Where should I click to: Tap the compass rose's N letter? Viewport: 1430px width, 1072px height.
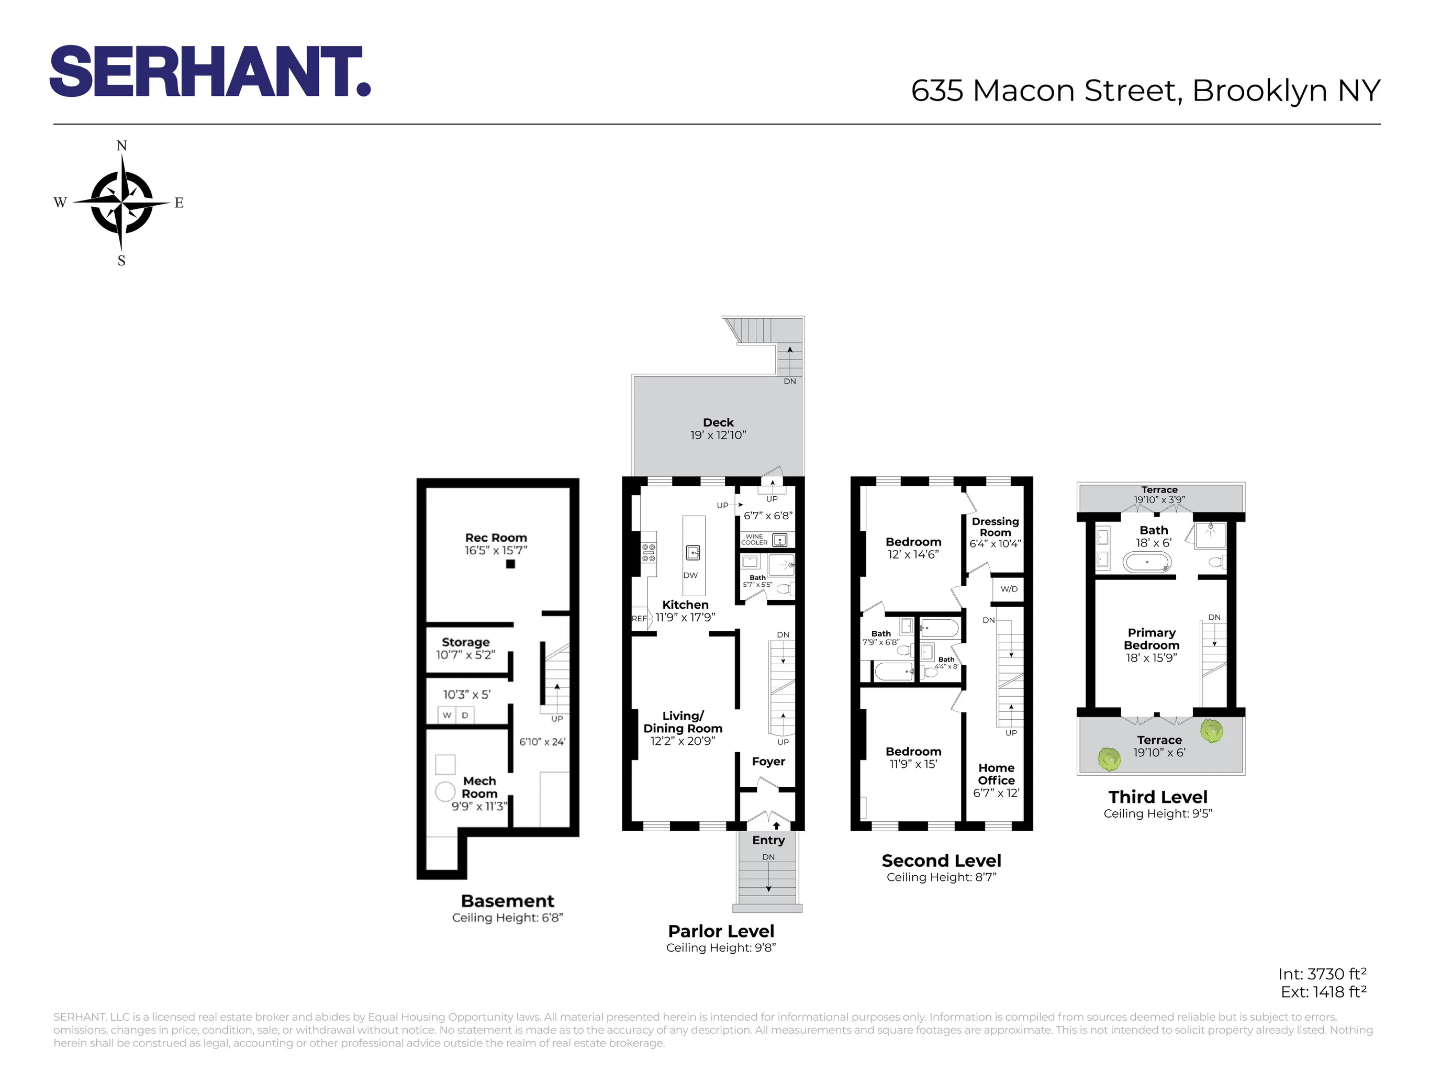[x=121, y=146]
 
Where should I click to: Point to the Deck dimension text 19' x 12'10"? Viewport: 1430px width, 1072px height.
[x=718, y=435]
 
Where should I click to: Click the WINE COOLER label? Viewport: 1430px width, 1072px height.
[x=754, y=539]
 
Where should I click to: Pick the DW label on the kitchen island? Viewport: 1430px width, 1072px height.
[x=690, y=575]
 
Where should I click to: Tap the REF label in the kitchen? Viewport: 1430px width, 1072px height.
[x=639, y=618]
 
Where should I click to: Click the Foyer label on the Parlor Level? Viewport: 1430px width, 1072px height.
[x=768, y=761]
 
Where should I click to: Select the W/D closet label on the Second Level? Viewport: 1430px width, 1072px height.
[x=1009, y=588]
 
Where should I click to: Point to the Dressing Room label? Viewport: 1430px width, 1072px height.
[x=995, y=526]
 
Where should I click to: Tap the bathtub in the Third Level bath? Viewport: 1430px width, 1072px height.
[x=1147, y=561]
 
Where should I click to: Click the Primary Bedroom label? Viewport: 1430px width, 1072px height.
[x=1152, y=639]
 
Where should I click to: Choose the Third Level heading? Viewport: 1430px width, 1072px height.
[x=1157, y=797]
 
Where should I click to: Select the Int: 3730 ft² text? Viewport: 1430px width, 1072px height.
[x=1322, y=974]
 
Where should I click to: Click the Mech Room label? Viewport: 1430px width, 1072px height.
[x=479, y=787]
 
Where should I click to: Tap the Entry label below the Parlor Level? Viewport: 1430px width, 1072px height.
[x=768, y=840]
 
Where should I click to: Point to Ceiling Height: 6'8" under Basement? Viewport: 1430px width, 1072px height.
[x=508, y=918]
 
